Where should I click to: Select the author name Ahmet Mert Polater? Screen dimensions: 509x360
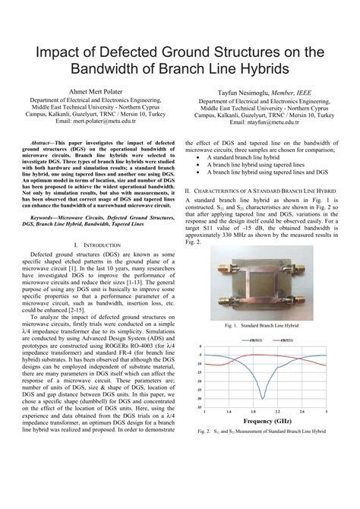(94, 92)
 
